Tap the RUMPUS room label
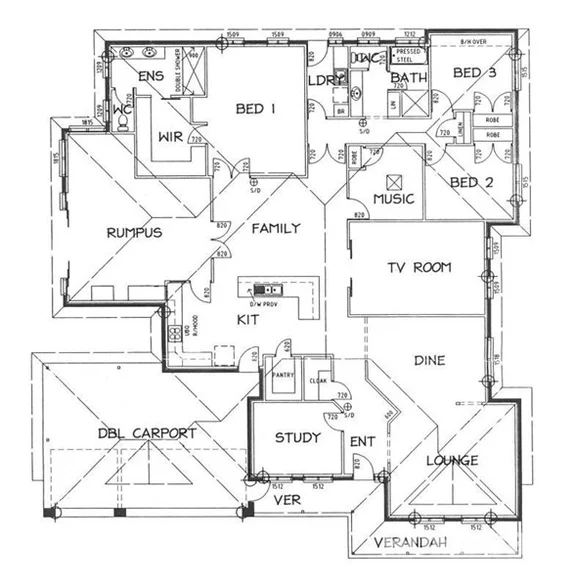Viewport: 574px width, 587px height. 134,232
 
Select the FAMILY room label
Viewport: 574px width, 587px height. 275,228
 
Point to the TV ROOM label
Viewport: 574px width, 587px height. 420,267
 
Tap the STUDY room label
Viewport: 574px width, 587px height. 297,437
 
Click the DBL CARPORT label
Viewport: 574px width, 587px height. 146,433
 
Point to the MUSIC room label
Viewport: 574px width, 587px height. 393,199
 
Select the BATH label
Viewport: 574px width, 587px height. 409,78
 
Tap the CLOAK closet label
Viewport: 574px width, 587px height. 318,380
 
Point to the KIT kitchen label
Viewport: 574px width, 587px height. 249,319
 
